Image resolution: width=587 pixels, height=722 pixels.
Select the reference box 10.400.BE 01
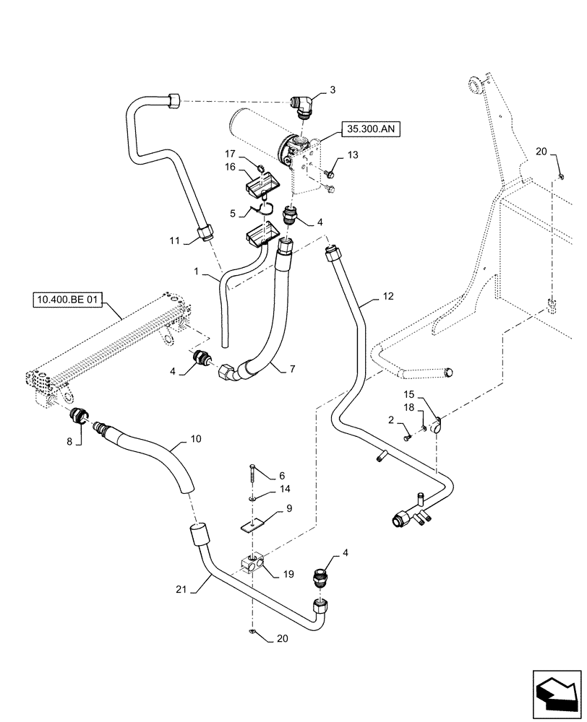67,298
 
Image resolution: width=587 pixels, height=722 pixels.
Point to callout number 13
353,155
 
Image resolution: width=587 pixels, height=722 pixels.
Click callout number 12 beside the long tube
388,297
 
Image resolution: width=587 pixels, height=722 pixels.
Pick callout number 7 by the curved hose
292,369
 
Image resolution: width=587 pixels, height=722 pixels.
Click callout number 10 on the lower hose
197,438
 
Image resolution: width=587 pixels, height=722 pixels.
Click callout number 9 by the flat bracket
289,508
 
